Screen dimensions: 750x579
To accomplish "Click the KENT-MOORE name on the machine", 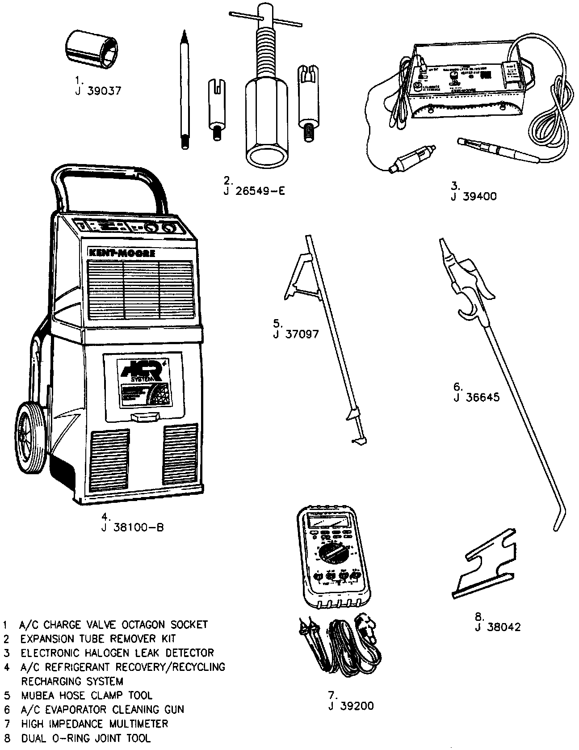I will [122, 253].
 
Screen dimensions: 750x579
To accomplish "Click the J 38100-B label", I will [132, 527].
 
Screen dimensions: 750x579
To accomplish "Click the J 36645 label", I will [476, 397].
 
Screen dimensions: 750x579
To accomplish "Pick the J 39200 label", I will [351, 706].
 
